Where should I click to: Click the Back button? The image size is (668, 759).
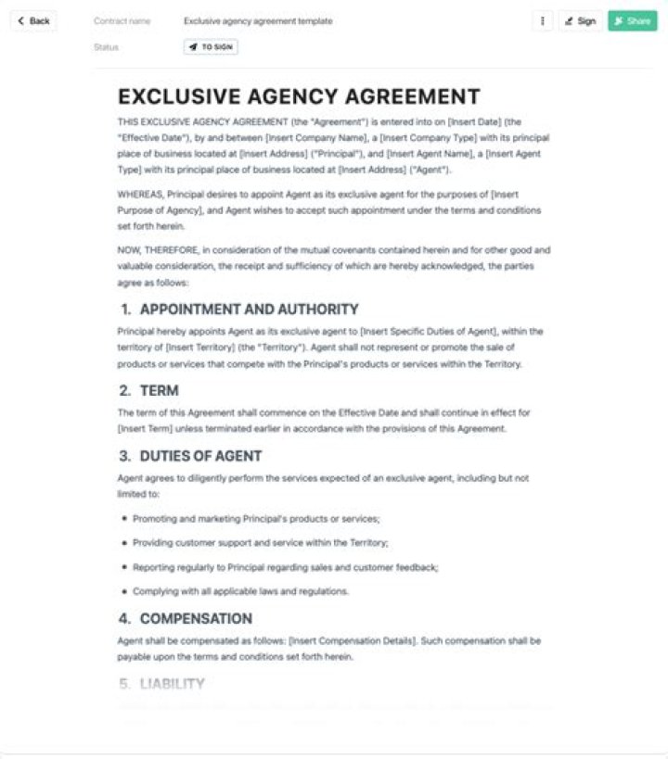pos(33,20)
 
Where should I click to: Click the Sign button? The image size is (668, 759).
pos(580,20)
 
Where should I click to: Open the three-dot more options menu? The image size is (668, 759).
pos(543,20)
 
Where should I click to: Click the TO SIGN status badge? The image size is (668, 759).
pos(211,46)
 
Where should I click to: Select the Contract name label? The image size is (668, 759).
pos(122,20)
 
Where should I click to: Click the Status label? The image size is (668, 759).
pos(106,46)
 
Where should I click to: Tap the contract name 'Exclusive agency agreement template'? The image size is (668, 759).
pos(258,20)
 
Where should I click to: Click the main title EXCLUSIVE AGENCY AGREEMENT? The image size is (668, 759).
pos(299,96)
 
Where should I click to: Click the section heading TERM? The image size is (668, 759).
pos(159,390)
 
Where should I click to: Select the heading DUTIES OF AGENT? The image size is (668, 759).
pos(200,456)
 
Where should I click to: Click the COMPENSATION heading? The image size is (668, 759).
pos(196,618)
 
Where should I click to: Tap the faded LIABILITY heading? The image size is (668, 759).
pos(172,684)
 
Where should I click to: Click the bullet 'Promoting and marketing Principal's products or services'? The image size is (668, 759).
pos(256,519)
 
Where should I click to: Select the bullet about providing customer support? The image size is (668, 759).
pos(260,543)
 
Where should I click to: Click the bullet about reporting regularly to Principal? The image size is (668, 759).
pos(286,567)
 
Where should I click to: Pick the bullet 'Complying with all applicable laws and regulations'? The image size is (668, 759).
pos(240,591)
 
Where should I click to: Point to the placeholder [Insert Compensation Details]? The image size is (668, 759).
pos(352,640)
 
